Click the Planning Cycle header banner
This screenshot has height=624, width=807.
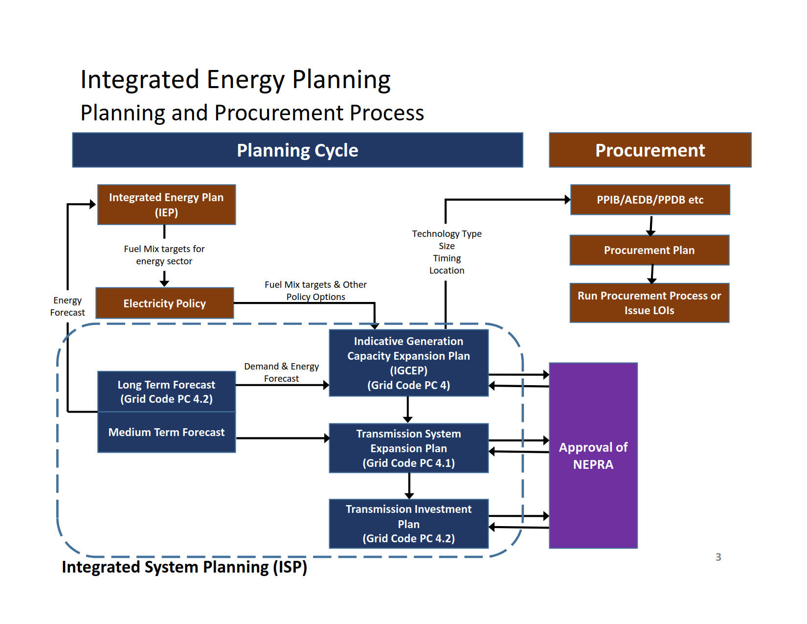pos(297,150)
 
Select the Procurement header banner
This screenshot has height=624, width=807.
pos(650,150)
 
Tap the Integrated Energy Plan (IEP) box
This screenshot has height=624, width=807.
pos(166,205)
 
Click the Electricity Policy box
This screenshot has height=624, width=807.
pos(164,303)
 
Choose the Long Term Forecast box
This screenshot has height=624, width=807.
pos(166,392)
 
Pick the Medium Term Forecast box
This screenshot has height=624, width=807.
pos(166,433)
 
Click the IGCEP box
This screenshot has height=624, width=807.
pos(408,363)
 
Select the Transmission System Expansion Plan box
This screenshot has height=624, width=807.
pos(408,448)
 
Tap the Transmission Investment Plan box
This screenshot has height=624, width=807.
pos(408,523)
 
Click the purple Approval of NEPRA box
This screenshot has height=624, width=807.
pos(593,455)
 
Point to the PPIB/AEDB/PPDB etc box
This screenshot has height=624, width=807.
pos(650,200)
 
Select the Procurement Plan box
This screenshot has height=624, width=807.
pos(649,250)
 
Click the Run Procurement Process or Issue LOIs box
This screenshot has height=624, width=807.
pos(649,302)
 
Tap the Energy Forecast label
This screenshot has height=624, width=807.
pos(67,306)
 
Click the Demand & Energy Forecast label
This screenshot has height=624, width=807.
pos(281,372)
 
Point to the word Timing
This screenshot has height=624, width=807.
pos(447,258)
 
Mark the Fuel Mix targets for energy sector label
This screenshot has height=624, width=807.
pos(164,255)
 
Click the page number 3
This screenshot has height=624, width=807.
pos(718,557)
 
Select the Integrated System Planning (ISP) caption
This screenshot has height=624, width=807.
pos(184,567)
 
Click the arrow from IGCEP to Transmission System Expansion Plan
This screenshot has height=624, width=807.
pos(408,410)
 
